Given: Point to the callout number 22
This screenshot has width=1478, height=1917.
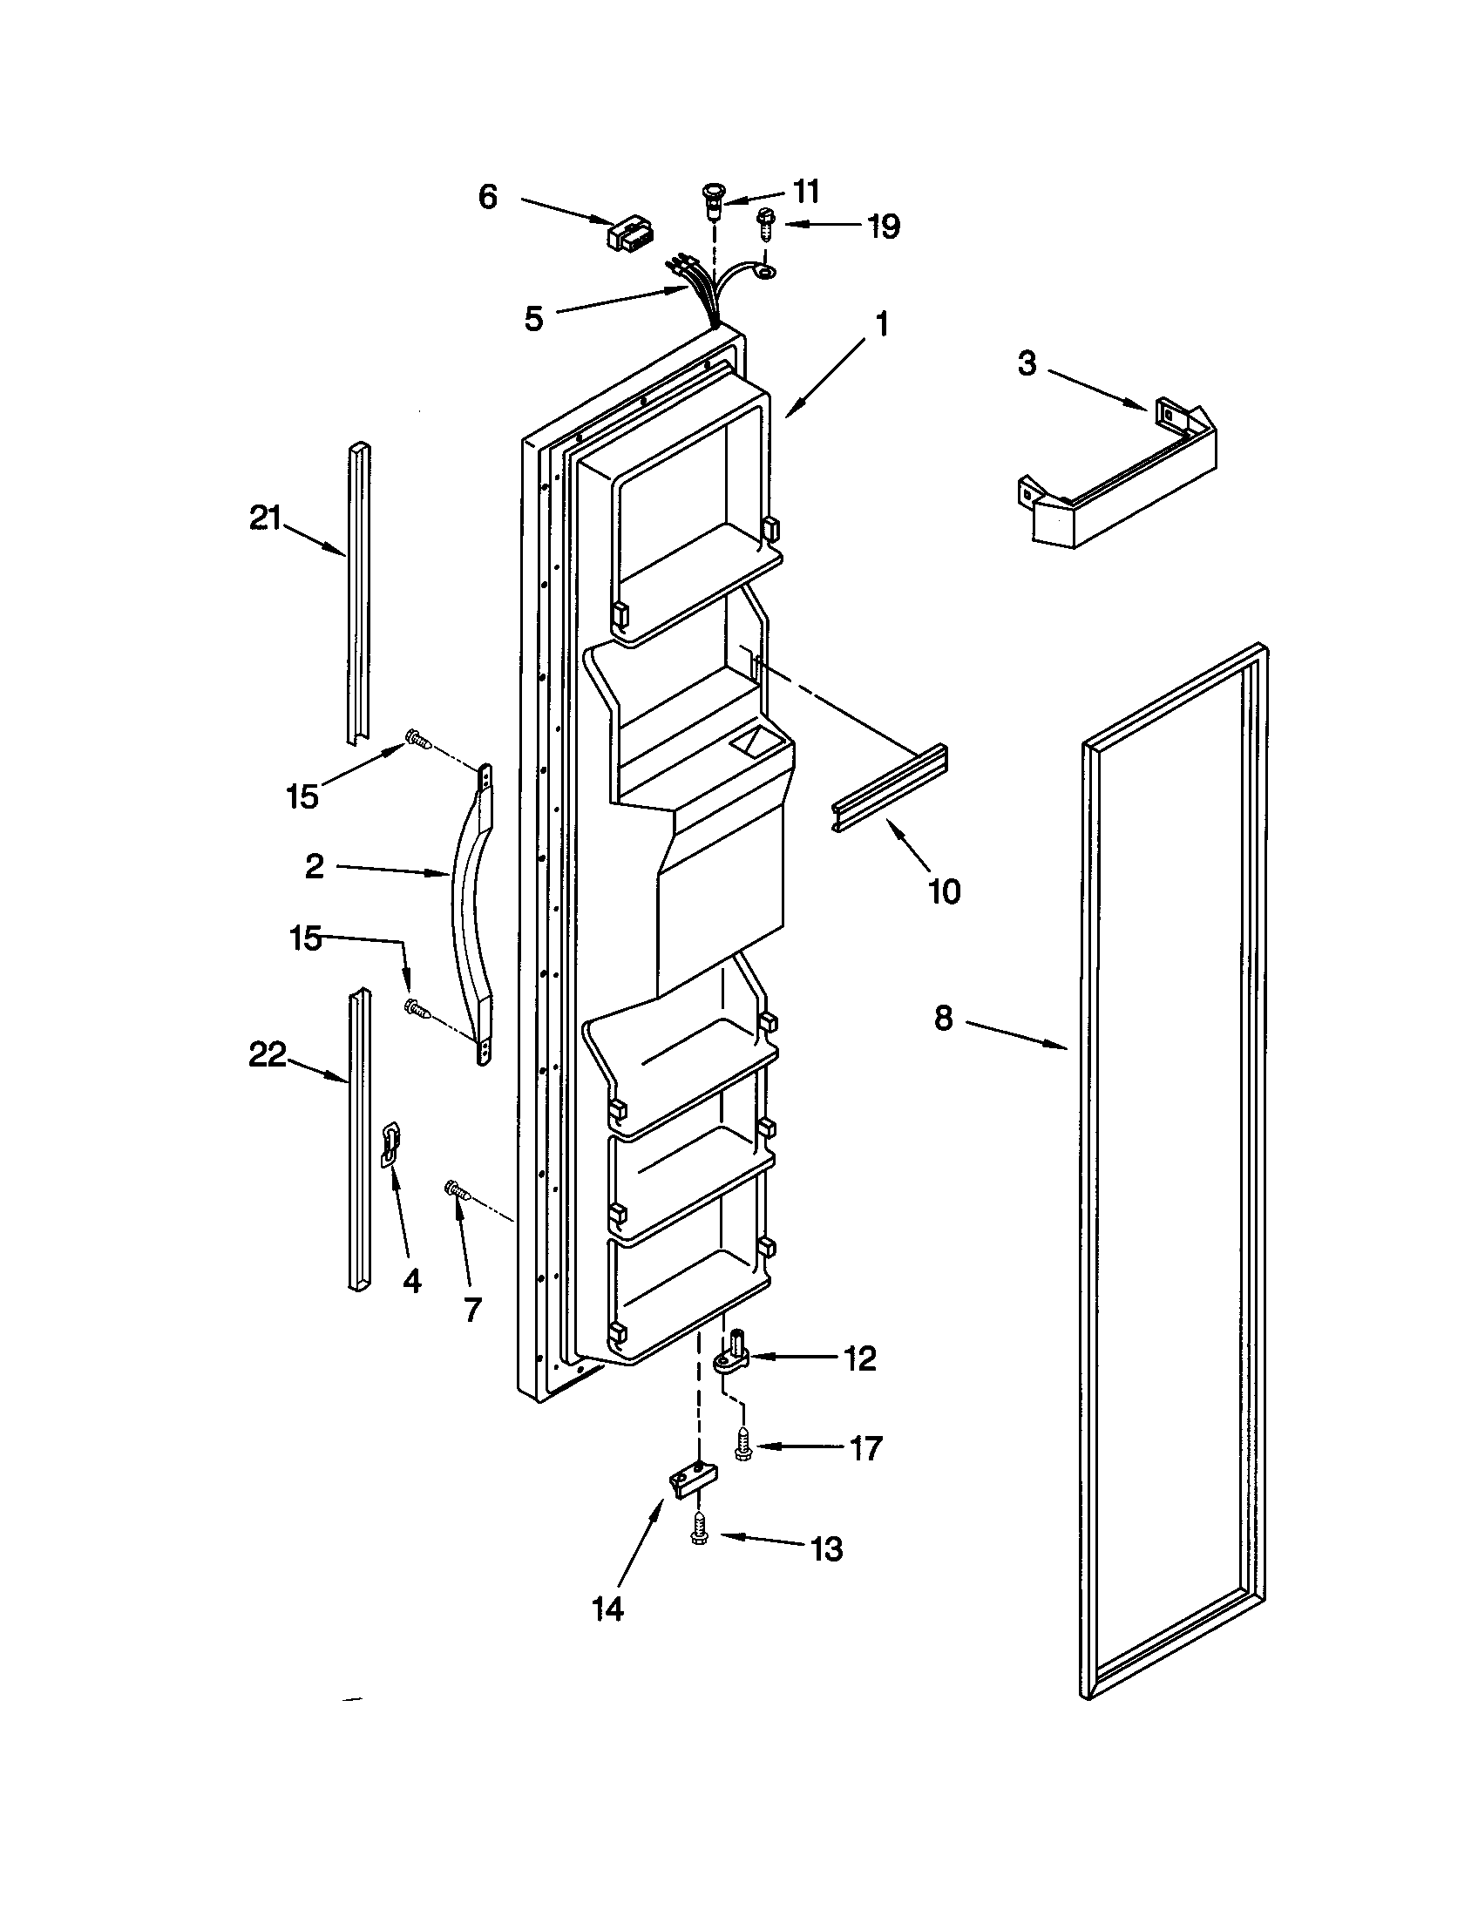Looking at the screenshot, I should (268, 1054).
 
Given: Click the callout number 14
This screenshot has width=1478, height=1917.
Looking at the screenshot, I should (607, 1609).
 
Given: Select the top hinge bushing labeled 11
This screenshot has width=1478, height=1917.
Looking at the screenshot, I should (714, 201).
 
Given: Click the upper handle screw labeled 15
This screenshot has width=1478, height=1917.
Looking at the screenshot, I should (416, 742).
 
